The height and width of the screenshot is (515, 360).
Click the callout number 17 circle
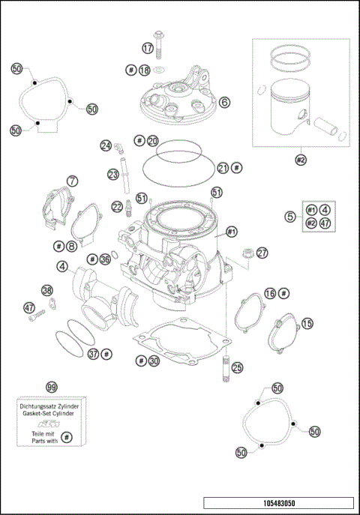(x=148, y=47)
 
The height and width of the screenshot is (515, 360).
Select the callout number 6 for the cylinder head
(x=225, y=101)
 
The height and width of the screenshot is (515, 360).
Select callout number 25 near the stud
(x=237, y=367)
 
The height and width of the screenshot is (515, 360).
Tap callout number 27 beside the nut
(x=262, y=253)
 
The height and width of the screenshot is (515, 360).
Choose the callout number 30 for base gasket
(x=153, y=361)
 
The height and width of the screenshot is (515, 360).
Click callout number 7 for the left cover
(x=72, y=181)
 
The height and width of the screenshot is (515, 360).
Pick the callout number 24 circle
(x=106, y=145)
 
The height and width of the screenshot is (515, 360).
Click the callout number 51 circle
(x=217, y=193)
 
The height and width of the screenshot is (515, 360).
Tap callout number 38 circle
(x=47, y=290)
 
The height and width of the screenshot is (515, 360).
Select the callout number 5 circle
(x=289, y=217)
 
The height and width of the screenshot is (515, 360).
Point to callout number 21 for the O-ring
(x=223, y=168)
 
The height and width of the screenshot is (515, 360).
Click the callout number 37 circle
(x=93, y=353)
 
